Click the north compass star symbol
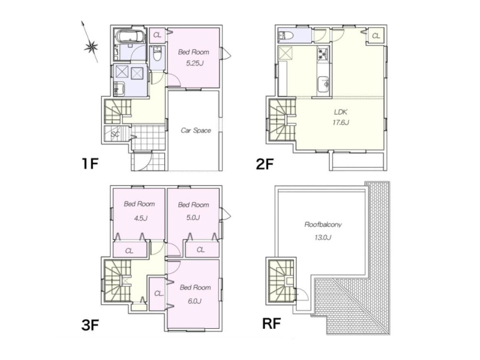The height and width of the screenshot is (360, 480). pyautogui.click(x=91, y=47)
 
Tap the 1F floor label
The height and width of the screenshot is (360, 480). pyautogui.click(x=89, y=164)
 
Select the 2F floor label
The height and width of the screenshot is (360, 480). pyautogui.click(x=265, y=164)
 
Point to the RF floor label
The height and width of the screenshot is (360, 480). pyautogui.click(x=272, y=323)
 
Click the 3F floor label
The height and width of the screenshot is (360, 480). pyautogui.click(x=90, y=325)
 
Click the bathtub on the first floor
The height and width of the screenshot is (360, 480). pyautogui.click(x=131, y=37)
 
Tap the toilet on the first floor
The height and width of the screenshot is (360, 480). pyautogui.click(x=157, y=53)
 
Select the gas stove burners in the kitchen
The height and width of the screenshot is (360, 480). pyautogui.click(x=322, y=54)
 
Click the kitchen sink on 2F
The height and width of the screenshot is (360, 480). pyautogui.click(x=323, y=84)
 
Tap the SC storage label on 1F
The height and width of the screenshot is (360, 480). pyautogui.click(x=115, y=134)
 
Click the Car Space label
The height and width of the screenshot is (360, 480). pyautogui.click(x=196, y=130)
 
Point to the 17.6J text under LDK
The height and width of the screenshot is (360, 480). pyautogui.click(x=341, y=122)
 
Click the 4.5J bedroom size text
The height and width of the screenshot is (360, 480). pyautogui.click(x=141, y=218)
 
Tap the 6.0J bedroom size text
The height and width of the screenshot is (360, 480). pyautogui.click(x=194, y=301)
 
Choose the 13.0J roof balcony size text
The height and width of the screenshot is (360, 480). pyautogui.click(x=323, y=237)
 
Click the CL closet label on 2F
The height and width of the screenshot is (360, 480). pyautogui.click(x=376, y=36)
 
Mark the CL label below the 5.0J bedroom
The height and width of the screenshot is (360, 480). pyautogui.click(x=200, y=250)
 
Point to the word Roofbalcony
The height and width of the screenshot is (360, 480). pyautogui.click(x=323, y=224)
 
